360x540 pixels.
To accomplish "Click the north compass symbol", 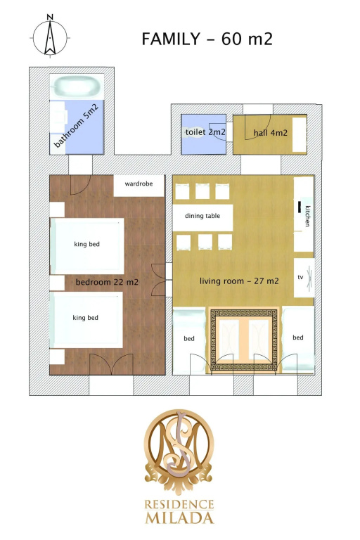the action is [x=51, y=36].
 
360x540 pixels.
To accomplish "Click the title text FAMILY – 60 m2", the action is [x=207, y=39].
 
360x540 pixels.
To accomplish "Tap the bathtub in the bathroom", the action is [x=77, y=86].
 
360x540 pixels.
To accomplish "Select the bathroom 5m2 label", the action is [x=76, y=126].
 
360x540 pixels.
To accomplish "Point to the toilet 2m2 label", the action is [x=205, y=132].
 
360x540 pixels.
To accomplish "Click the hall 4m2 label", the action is [x=271, y=133].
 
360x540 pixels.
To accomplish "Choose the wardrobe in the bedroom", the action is [x=139, y=186].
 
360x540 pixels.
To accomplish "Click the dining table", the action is [x=202, y=218].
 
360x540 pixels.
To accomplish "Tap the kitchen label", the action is [x=307, y=217].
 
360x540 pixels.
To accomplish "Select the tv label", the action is [x=300, y=277].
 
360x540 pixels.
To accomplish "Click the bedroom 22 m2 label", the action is [x=107, y=283].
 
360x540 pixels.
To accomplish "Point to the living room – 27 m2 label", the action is [x=239, y=281].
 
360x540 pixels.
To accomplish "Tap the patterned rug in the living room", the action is [x=243, y=340].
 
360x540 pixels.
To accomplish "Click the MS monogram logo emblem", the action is [x=179, y=451].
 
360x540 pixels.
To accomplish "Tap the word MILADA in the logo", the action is [x=179, y=518].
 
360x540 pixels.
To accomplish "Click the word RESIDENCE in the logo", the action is [x=179, y=505].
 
